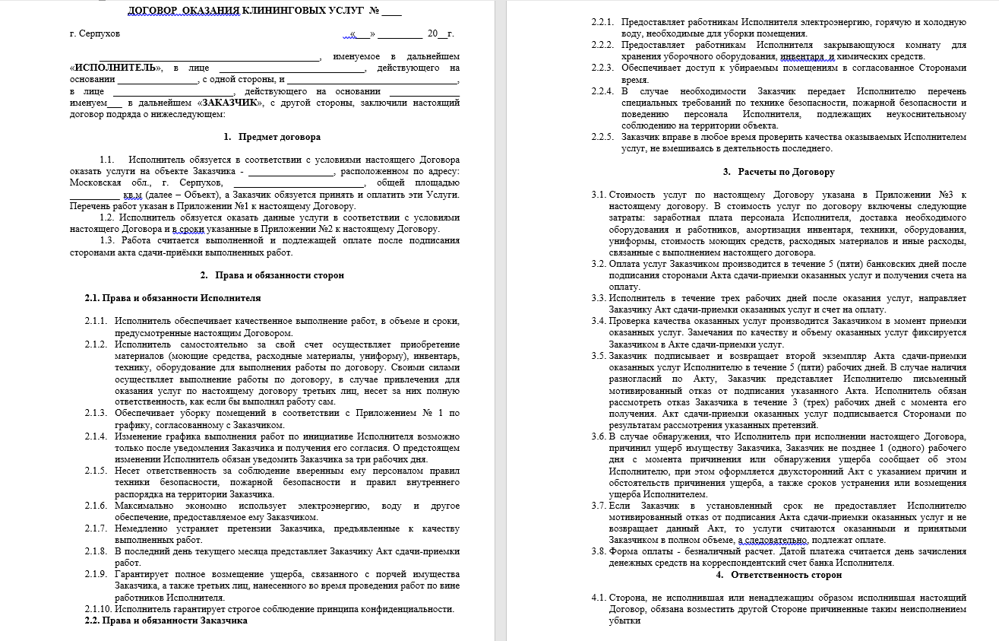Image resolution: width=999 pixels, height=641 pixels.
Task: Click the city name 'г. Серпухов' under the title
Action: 94,34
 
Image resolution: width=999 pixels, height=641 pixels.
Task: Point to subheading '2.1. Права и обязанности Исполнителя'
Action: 172,298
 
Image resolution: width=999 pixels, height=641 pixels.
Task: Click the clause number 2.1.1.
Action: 96,322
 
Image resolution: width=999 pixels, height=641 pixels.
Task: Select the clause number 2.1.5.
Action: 96,471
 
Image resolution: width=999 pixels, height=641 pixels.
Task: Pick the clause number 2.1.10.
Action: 98,609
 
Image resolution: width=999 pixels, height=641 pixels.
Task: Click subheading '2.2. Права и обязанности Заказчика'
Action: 166,620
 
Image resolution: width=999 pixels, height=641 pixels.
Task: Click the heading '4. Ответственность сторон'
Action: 779,575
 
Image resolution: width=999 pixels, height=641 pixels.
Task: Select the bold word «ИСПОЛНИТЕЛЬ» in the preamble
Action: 114,68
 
